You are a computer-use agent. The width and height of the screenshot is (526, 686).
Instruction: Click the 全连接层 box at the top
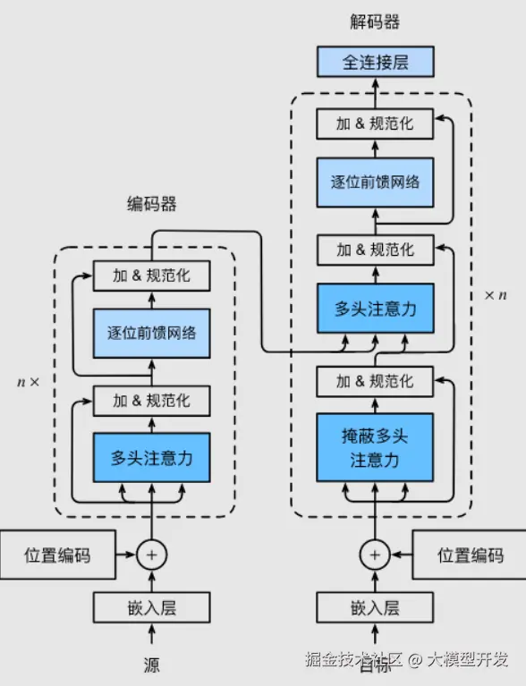[x=375, y=63]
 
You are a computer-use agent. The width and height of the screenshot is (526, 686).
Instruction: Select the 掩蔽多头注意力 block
[x=375, y=448]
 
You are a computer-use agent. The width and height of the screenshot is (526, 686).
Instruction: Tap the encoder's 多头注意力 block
[x=151, y=458]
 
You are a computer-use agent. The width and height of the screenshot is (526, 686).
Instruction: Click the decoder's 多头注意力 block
[x=375, y=309]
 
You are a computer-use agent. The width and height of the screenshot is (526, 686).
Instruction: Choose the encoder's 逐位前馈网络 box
[x=151, y=333]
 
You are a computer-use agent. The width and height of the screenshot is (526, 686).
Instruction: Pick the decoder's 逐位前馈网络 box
[x=375, y=181]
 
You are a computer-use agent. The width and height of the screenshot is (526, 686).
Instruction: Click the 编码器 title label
[x=151, y=204]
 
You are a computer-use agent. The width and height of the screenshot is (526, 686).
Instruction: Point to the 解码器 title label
[x=375, y=21]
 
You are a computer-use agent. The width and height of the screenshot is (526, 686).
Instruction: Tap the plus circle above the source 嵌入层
[x=151, y=555]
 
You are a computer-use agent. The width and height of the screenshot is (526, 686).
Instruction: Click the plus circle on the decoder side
[x=375, y=555]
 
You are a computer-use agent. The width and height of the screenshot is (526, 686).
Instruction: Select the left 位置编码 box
[x=57, y=555]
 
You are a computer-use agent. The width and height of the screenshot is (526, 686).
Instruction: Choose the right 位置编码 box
[x=469, y=555]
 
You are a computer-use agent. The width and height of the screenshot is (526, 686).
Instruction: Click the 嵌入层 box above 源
[x=151, y=608]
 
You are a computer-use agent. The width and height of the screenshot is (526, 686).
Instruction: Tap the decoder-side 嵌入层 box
[x=375, y=608]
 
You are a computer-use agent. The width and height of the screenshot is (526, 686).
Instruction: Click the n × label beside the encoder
[x=29, y=381]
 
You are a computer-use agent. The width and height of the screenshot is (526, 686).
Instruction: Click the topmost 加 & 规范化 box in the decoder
[x=375, y=123]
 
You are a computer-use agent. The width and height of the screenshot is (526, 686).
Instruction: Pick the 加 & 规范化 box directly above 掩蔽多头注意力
[x=375, y=381]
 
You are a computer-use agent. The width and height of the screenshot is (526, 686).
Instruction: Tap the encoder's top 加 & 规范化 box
[x=151, y=275]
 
